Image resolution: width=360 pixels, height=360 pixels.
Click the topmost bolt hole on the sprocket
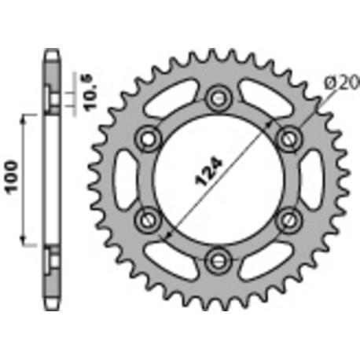[217, 98]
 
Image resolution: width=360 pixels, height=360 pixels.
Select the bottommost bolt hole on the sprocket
[217, 257]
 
